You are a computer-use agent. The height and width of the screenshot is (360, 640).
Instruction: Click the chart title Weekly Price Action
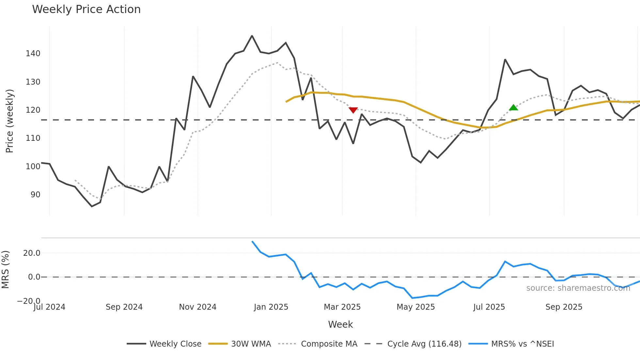pyautogui.click(x=86, y=9)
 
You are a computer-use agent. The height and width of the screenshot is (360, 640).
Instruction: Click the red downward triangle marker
pyautogui.click(x=353, y=110)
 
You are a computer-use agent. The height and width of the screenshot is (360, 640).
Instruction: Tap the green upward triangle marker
pyautogui.click(x=513, y=107)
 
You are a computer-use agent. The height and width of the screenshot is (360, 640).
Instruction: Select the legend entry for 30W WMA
pyautogui.click(x=251, y=344)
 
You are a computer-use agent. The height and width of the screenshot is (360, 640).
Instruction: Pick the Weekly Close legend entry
pyautogui.click(x=175, y=344)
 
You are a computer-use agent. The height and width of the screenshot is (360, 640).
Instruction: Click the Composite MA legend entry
pyautogui.click(x=329, y=344)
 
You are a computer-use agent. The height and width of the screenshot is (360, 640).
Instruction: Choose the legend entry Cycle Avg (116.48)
pyautogui.click(x=424, y=344)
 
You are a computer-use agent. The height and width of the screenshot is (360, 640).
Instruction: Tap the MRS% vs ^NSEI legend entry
pyautogui.click(x=522, y=344)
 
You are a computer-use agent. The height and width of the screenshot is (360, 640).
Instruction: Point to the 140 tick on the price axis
pyautogui.click(x=33, y=54)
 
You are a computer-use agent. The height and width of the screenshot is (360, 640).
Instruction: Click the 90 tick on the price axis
pyautogui.click(x=35, y=195)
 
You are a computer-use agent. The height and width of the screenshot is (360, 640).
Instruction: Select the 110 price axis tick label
pyautogui.click(x=33, y=138)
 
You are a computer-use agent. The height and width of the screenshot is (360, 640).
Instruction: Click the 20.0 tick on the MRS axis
pyautogui.click(x=32, y=253)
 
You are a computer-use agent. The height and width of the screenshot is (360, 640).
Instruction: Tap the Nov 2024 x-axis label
pyautogui.click(x=198, y=307)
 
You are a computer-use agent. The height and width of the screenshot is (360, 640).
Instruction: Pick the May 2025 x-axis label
pyautogui.click(x=416, y=307)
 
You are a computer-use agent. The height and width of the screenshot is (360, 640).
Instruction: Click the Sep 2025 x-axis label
pyautogui.click(x=564, y=307)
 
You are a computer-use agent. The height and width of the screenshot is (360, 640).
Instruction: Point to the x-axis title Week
pyautogui.click(x=340, y=324)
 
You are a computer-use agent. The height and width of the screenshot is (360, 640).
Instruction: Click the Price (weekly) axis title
pyautogui.click(x=9, y=121)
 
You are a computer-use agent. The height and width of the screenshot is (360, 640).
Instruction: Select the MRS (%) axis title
pyautogui.click(x=5, y=270)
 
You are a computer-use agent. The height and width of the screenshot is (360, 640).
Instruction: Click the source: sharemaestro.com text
pyautogui.click(x=578, y=288)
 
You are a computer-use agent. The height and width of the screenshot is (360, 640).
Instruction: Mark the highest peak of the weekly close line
pyautogui.click(x=252, y=36)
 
